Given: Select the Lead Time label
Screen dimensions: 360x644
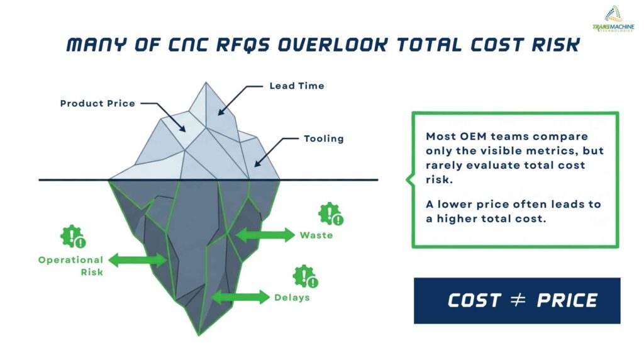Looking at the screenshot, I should pyautogui.click(x=296, y=86).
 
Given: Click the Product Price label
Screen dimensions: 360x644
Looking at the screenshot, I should pyautogui.click(x=97, y=103).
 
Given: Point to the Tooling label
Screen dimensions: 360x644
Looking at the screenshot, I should pyautogui.click(x=324, y=138).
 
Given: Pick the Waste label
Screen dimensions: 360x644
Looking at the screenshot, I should pyautogui.click(x=316, y=235).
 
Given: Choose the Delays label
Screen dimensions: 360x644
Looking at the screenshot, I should pyautogui.click(x=292, y=297).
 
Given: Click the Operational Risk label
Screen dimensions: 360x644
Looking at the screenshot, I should pyautogui.click(x=70, y=266).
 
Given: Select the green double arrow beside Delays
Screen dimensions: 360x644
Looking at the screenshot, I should pyautogui.click(x=240, y=297).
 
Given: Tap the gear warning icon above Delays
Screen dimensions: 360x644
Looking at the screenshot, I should pyautogui.click(x=305, y=276).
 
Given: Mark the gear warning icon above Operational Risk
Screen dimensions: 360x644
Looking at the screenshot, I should pyautogui.click(x=73, y=236).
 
